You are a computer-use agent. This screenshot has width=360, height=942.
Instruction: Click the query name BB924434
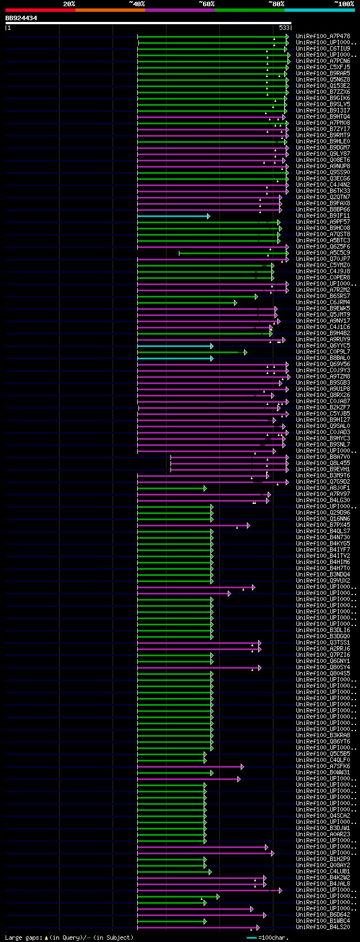[21, 18]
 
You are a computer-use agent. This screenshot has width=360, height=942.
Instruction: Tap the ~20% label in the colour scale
[69, 4]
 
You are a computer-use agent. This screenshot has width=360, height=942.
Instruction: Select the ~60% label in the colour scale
[206, 4]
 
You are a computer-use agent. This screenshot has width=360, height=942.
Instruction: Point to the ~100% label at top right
[344, 4]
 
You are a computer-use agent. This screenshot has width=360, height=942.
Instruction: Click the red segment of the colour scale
[40, 10]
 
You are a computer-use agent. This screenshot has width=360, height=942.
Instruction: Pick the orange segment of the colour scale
[110, 10]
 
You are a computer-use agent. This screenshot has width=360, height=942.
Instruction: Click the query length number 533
[284, 27]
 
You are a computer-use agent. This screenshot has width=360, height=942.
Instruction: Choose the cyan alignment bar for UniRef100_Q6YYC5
[174, 346]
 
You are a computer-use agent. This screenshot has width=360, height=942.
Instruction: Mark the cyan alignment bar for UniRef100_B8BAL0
[174, 358]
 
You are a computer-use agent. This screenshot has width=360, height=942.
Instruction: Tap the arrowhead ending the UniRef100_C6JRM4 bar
[236, 303]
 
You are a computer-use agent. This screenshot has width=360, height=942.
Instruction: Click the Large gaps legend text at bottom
[69, 938]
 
